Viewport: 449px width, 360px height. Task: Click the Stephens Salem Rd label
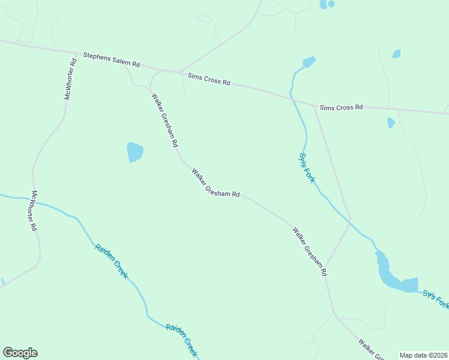[x=111, y=59]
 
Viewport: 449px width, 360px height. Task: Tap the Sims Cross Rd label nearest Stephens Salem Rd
[x=209, y=79]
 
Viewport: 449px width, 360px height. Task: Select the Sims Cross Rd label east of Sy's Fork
[x=341, y=107]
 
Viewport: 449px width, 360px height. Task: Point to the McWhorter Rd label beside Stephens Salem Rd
[x=71, y=79]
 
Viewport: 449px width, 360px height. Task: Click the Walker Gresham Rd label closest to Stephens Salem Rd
[x=164, y=120]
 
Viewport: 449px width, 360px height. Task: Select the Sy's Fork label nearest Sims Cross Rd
[x=306, y=167]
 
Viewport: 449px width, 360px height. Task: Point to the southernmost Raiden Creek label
[x=182, y=340]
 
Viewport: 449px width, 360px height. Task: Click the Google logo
[x=20, y=353]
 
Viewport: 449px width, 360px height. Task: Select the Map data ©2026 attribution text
[x=424, y=355]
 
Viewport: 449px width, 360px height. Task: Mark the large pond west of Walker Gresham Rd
[x=135, y=152]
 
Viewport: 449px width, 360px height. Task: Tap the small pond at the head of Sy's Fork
[x=309, y=61]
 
